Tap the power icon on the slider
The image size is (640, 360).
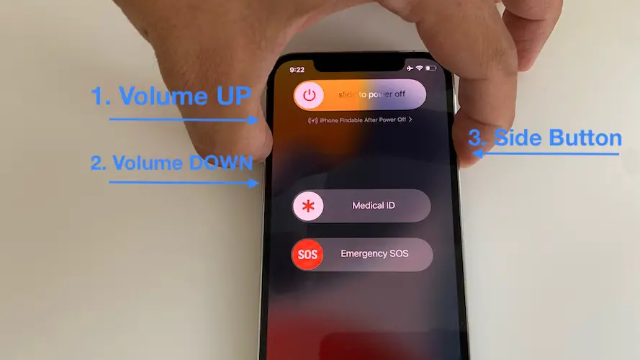pos(310,95)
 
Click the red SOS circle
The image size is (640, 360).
pos(307,254)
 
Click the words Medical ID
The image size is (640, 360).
pos(373,206)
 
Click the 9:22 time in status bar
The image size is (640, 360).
pos(297,70)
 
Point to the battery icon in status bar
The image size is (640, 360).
pos(431,68)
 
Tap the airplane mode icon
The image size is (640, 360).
pos(410,68)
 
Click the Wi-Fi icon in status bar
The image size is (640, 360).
pos(420,68)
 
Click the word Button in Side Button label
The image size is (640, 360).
pos(584,138)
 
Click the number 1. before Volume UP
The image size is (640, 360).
pos(101,96)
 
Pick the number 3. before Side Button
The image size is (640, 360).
pos(477,138)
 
